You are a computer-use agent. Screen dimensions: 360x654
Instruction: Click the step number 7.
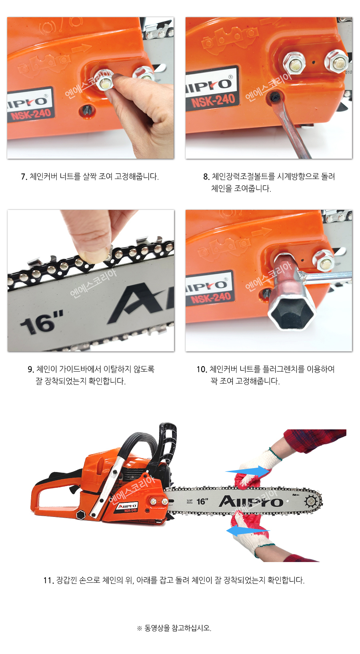[x=24, y=177]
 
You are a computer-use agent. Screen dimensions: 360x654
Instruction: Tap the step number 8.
[x=206, y=177]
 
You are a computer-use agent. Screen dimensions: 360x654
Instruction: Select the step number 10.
[x=202, y=369]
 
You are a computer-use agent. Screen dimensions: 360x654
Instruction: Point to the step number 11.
[x=48, y=580]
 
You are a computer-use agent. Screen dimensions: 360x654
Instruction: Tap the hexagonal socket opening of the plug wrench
[x=291, y=314]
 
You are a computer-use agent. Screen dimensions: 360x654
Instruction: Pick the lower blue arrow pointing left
[x=248, y=530]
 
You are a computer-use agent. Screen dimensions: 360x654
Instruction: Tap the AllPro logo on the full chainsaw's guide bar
[x=251, y=501]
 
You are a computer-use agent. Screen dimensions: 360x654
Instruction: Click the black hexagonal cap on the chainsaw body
[x=81, y=515]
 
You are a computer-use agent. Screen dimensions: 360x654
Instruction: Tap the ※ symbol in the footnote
[x=139, y=628]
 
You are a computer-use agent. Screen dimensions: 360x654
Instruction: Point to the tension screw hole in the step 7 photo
[x=87, y=110]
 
